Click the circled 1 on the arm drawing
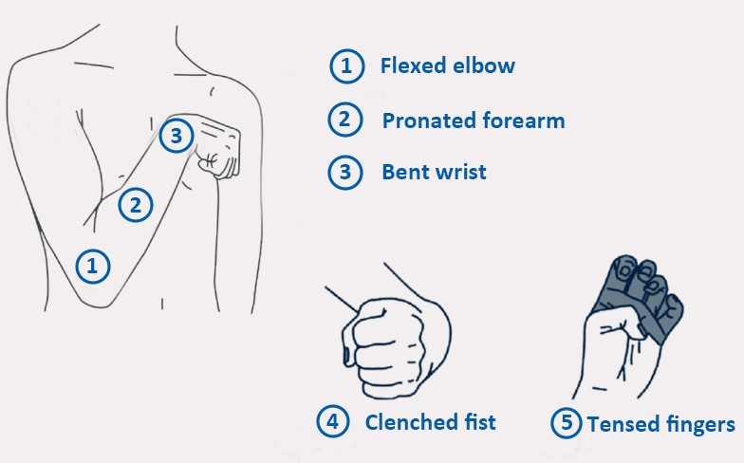(93, 266)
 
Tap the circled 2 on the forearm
(136, 205)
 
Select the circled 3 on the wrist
(177, 136)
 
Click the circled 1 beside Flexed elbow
(347, 66)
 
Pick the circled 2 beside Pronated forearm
(345, 120)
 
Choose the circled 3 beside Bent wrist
(345, 173)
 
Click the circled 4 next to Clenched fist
(333, 421)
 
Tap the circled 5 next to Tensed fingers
(567, 422)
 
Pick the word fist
(480, 421)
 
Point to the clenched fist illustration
(397, 346)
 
